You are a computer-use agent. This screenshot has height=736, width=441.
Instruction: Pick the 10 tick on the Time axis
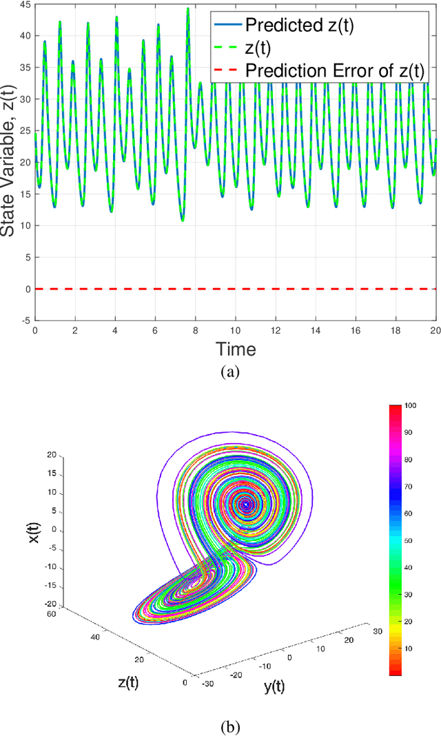[x=236, y=331]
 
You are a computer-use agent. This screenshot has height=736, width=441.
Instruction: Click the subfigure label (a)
[x=229, y=373]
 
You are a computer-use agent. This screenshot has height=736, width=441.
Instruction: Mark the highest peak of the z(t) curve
[x=187, y=8]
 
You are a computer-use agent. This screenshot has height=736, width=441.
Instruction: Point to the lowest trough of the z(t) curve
[x=182, y=221]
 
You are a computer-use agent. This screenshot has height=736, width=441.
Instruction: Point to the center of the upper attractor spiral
[x=247, y=504]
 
